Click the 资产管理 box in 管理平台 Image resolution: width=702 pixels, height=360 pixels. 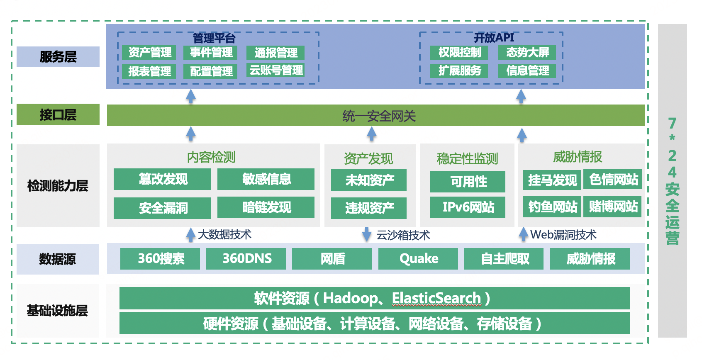tap(149, 52)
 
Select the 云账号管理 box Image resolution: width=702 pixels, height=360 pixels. tap(275, 70)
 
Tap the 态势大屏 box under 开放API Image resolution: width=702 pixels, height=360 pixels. tap(527, 52)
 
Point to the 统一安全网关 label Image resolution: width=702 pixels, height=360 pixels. tap(379, 116)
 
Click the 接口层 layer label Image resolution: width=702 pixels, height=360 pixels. tap(58, 114)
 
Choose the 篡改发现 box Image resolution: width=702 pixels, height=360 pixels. tap(162, 179)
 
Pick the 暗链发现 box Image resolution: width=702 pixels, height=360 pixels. tap(266, 207)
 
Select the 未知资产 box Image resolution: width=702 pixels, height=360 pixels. tap(369, 180)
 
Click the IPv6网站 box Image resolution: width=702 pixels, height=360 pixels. tap(468, 207)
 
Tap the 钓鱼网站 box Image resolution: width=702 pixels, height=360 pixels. tap(551, 207)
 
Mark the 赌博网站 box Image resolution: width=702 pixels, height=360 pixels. tap(613, 207)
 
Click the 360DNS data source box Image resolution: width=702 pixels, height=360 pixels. tap(246, 259)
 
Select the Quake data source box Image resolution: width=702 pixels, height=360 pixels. tap(418, 259)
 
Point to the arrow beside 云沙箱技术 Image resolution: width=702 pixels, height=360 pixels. tap(367, 234)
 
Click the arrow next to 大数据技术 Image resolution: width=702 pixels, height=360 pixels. tap(190, 235)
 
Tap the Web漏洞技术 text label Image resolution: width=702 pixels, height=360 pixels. tap(563, 235)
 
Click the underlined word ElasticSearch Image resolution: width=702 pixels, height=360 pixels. tap(436, 298)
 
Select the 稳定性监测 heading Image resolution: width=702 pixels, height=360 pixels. tap(467, 158)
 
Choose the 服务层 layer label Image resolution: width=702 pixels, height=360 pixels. tap(58, 57)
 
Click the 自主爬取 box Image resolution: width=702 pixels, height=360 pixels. tap(504, 259)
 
